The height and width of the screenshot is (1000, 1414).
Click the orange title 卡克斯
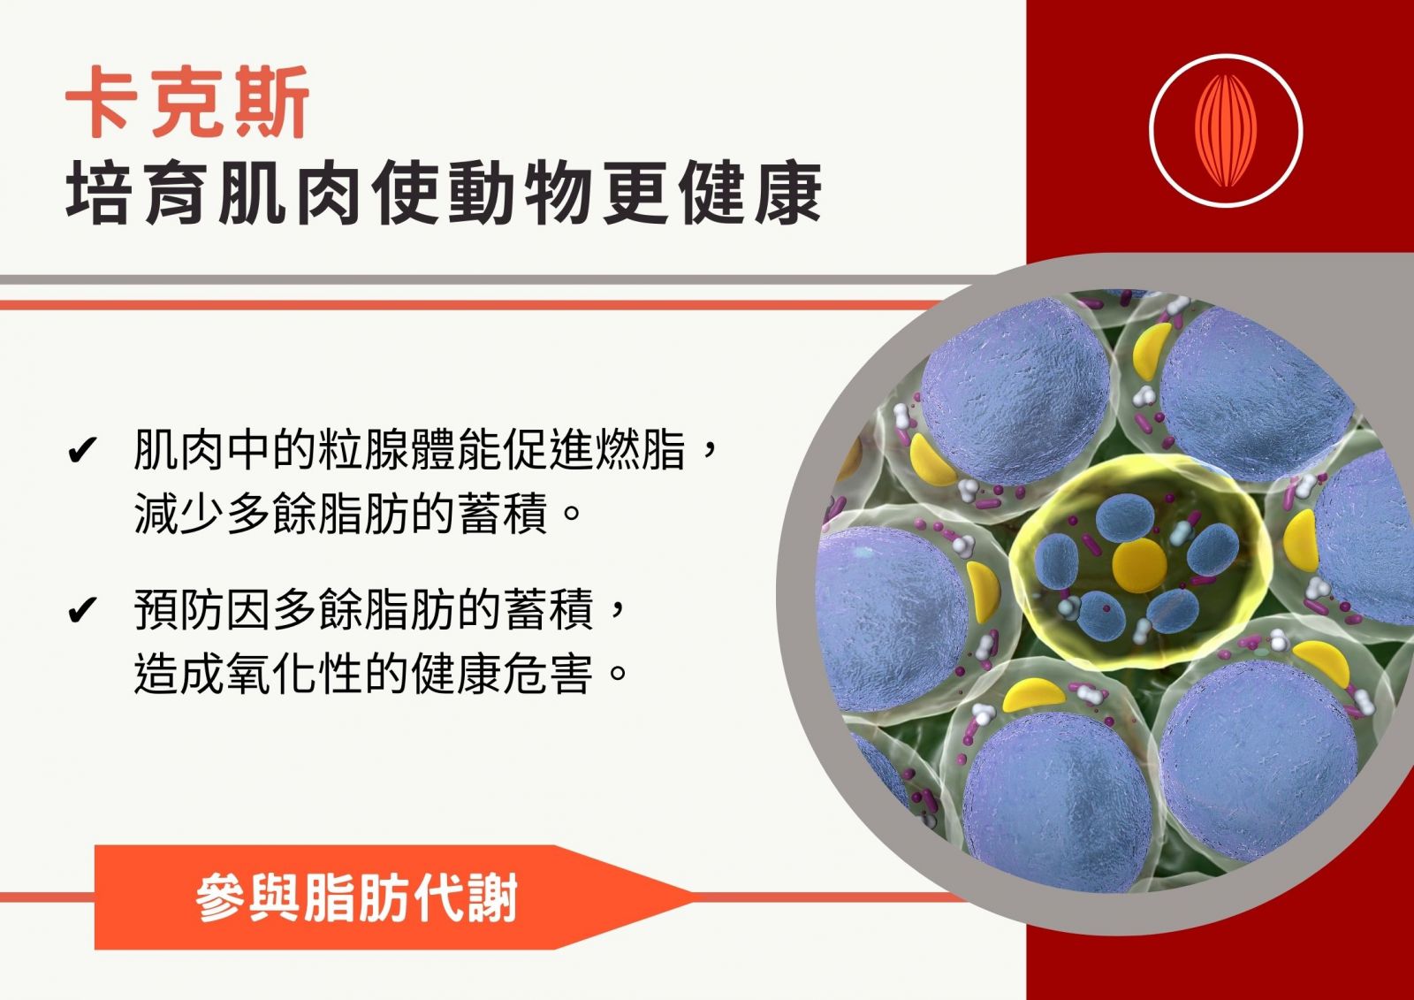[187, 103]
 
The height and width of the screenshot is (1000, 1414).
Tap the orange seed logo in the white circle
[1226, 131]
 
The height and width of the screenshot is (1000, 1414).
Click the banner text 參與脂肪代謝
[357, 897]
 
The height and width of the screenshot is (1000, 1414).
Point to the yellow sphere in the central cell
[1139, 565]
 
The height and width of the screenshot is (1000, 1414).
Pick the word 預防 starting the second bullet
[179, 609]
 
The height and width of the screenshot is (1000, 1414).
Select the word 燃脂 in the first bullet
[640, 450]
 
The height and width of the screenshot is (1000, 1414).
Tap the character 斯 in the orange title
[271, 103]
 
